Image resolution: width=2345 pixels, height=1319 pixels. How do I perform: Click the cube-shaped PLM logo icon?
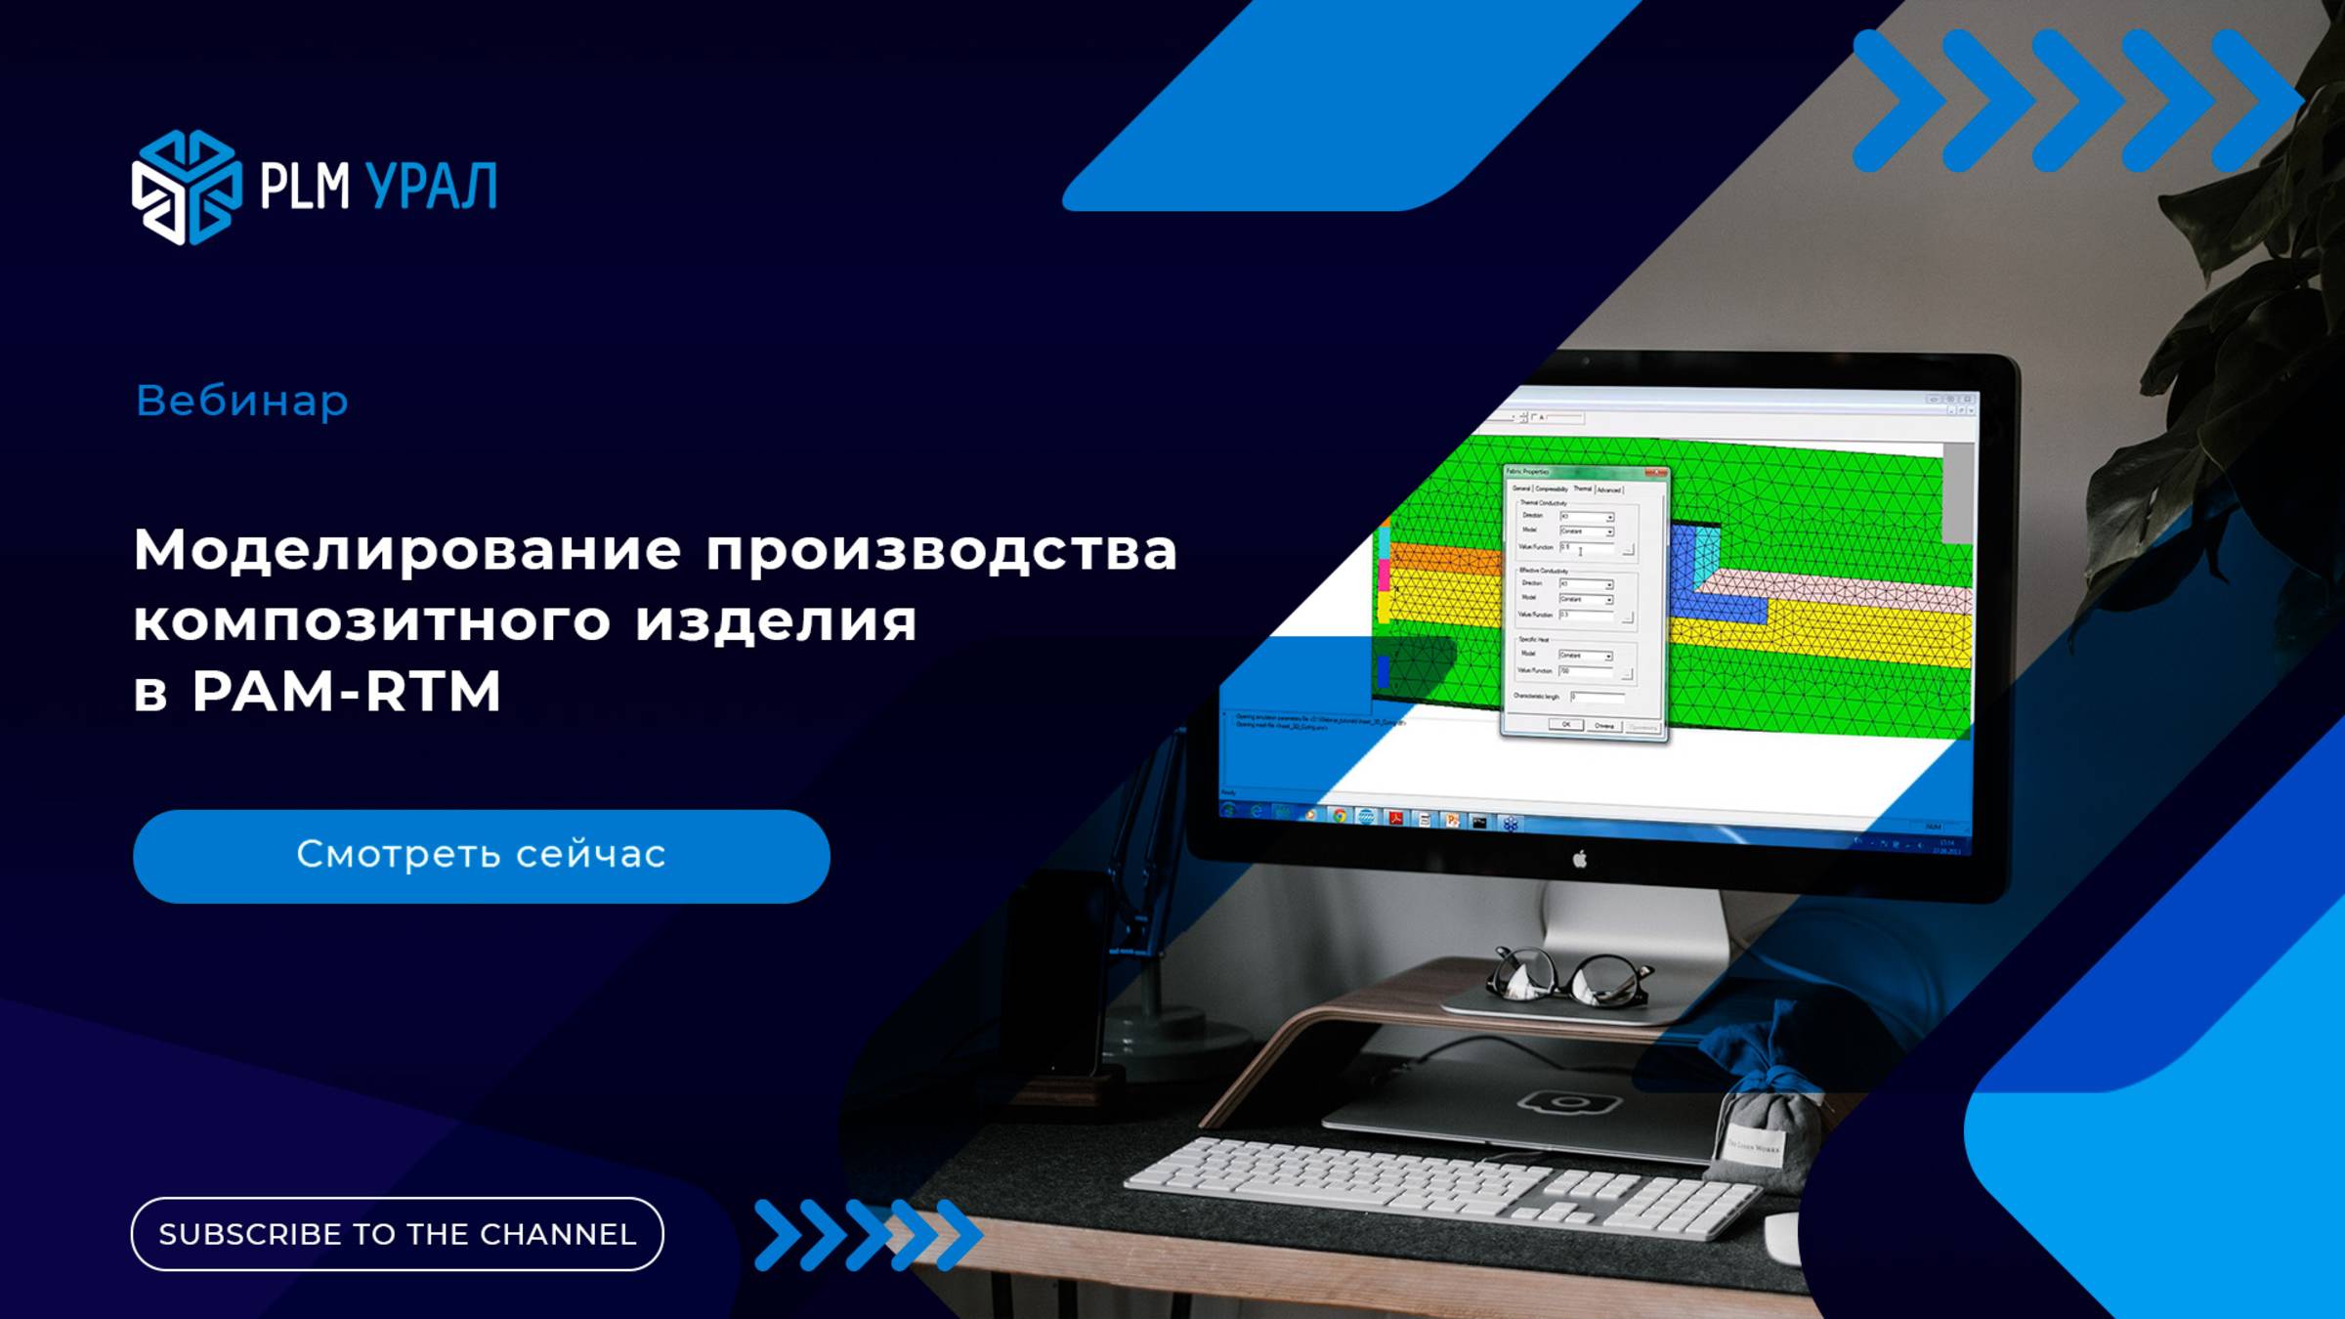click(x=187, y=187)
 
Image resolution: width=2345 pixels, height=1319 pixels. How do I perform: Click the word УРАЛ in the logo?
click(x=431, y=187)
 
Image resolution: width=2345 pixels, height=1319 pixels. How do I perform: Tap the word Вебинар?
click(x=242, y=401)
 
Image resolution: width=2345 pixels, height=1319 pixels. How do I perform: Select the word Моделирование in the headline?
click(x=407, y=549)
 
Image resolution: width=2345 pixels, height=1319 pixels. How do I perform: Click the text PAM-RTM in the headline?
click(x=347, y=692)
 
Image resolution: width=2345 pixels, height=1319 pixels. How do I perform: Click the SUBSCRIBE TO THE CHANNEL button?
click(x=397, y=1234)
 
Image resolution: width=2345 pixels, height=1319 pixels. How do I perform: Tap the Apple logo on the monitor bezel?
click(x=1579, y=859)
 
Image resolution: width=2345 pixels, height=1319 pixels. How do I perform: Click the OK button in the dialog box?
click(x=1565, y=725)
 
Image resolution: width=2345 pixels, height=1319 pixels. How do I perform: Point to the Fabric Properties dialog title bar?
click(x=1583, y=473)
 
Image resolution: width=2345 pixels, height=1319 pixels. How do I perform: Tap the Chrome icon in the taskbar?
click(x=1340, y=816)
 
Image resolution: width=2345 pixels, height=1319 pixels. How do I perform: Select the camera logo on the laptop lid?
click(x=1570, y=1103)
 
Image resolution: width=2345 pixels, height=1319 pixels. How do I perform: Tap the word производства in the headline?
click(x=942, y=549)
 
